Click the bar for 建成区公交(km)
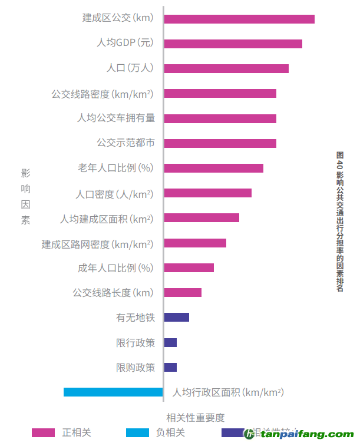(x=239, y=19)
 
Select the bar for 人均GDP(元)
(x=233, y=44)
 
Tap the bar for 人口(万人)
(x=226, y=68)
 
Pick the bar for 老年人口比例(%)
(x=213, y=168)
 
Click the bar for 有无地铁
(x=176, y=318)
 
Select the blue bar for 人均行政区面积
(x=113, y=392)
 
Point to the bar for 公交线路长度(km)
(x=183, y=292)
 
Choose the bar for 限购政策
(x=170, y=367)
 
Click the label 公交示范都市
(x=125, y=143)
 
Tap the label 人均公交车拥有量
(x=116, y=118)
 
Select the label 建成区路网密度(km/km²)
(x=97, y=243)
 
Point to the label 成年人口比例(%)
(x=115, y=268)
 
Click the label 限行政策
(x=136, y=342)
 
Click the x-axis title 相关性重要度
(x=196, y=418)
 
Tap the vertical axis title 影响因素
(x=25, y=197)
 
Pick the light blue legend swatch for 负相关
(x=137, y=433)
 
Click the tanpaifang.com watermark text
(x=306, y=435)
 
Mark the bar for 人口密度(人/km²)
(x=207, y=193)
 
